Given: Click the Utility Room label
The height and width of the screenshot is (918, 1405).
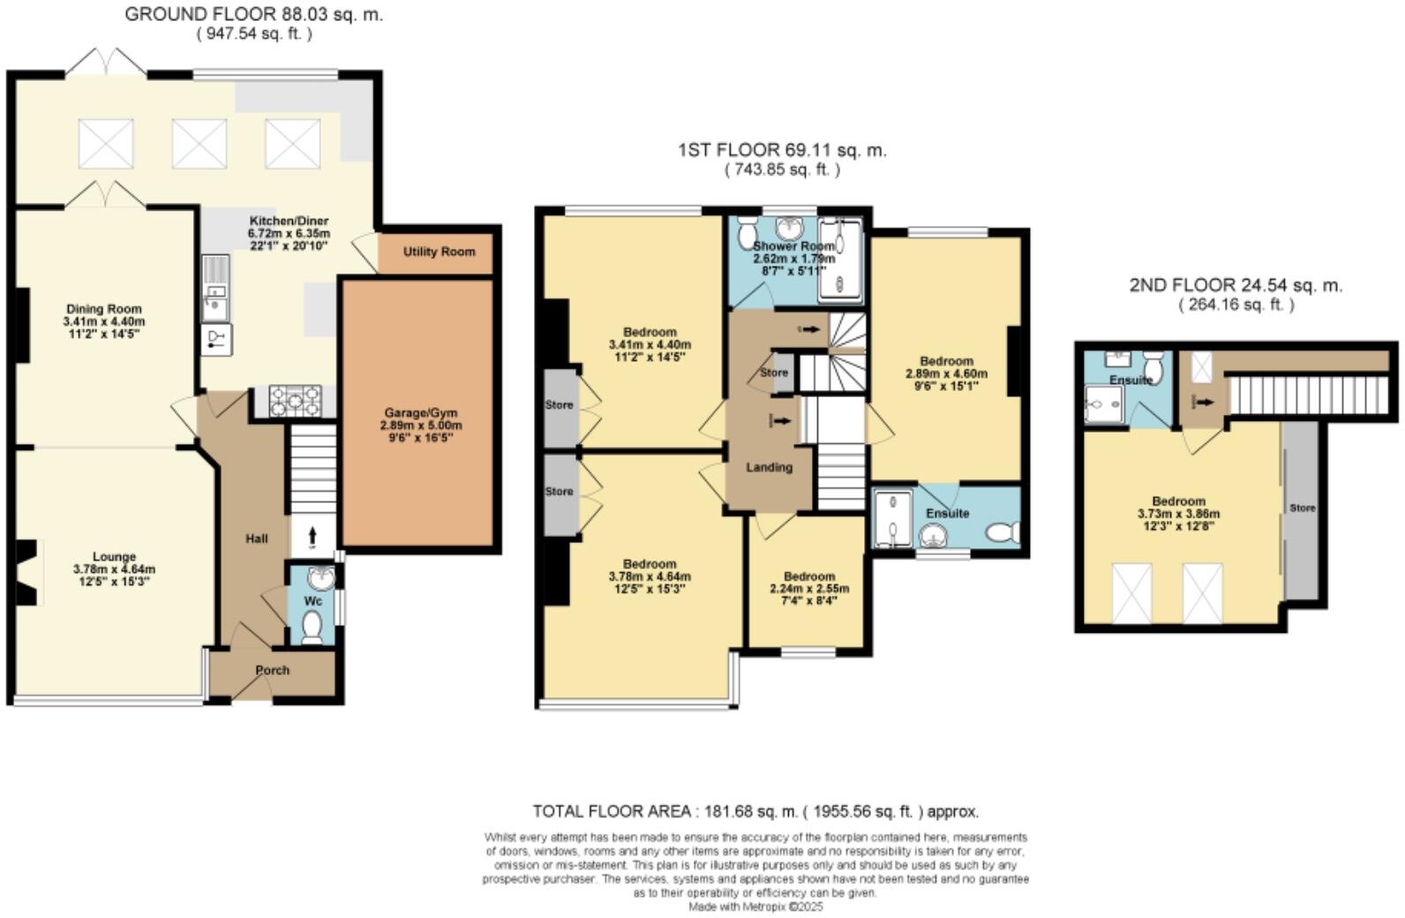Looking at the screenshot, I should coord(439,252).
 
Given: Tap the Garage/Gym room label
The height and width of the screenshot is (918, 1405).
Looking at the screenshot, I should coord(420,413).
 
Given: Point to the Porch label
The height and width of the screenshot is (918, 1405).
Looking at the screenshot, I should coord(272,670).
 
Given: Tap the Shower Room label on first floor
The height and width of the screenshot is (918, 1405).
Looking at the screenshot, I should coord(780,246).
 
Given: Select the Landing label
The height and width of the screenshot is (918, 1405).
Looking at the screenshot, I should coord(769,467).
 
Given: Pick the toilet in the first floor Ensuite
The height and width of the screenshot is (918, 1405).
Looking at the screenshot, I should coord(1003,532).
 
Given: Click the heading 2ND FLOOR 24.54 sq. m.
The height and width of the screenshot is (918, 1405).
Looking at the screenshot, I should coord(1235,285).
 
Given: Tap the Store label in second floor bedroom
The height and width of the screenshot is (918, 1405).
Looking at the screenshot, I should coord(1302,508).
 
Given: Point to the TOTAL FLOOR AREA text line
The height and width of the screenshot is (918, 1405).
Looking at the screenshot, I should coord(755,811).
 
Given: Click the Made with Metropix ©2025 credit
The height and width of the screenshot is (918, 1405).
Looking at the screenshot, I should coord(755,907).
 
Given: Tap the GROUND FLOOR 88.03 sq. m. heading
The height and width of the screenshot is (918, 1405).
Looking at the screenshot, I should coord(253,14).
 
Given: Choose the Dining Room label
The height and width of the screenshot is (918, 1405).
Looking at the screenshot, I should coord(103,309).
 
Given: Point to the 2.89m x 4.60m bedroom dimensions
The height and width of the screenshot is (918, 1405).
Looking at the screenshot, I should coord(946,373).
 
